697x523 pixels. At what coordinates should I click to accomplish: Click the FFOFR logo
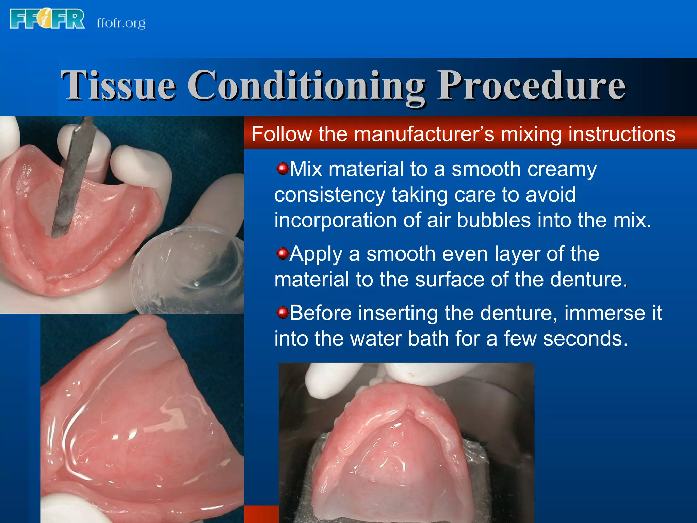[47, 19]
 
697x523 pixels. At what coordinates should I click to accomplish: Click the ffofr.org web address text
[121, 23]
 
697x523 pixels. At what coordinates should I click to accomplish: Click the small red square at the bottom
[261, 514]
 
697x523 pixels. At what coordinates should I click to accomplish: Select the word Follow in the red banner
[281, 134]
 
